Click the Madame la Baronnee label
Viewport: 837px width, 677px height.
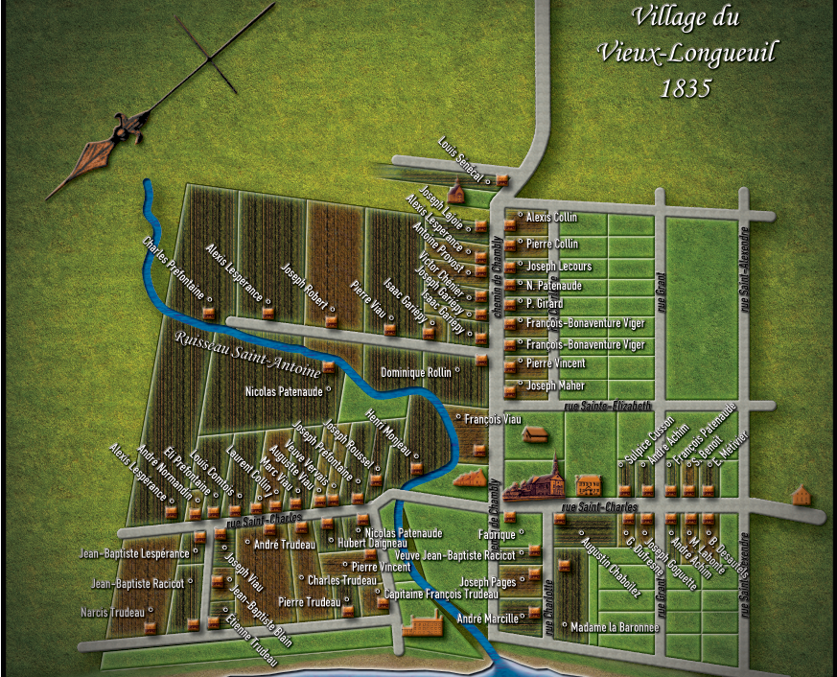click(615, 628)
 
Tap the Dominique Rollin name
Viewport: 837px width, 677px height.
click(415, 372)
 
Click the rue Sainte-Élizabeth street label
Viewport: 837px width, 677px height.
click(608, 406)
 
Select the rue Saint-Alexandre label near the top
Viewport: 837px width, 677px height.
click(744, 268)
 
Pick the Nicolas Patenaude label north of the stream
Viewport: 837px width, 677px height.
click(284, 391)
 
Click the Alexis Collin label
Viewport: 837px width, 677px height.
click(551, 218)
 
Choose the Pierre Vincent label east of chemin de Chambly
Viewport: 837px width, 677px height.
click(556, 364)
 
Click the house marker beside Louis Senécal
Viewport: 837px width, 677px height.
click(500, 180)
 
